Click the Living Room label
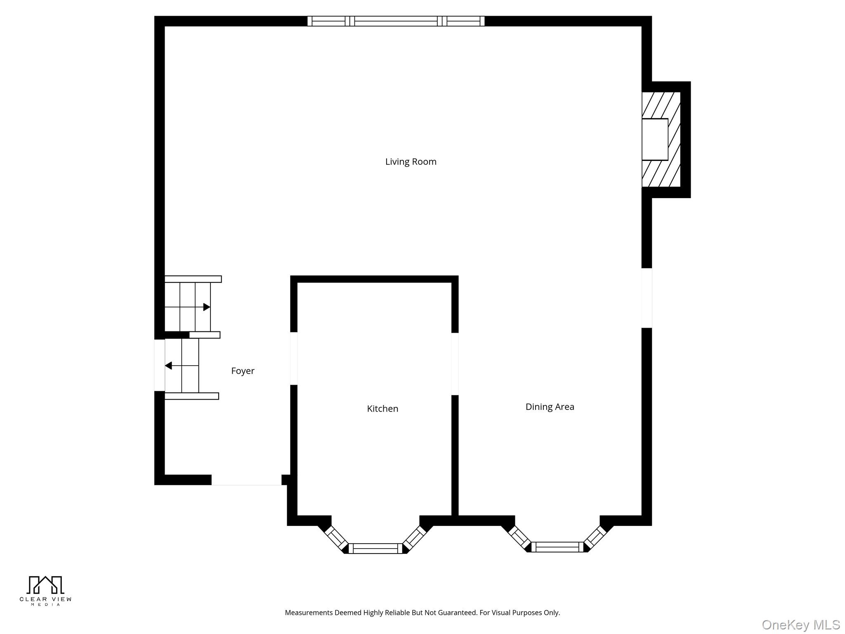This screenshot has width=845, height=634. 411,162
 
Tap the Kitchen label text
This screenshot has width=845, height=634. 382,409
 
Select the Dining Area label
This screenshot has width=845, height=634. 550,407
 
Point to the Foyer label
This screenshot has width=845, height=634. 243,371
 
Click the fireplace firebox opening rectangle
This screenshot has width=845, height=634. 655,140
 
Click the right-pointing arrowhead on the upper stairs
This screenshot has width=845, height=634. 207,307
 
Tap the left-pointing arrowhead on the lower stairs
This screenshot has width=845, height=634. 168,366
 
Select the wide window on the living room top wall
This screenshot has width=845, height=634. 396,21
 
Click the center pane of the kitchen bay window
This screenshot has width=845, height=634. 375,549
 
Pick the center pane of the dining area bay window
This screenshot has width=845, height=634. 557,547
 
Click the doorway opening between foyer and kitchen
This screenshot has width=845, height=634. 294,358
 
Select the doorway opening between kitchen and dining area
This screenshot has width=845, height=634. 455,364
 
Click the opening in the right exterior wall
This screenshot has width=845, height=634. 647,298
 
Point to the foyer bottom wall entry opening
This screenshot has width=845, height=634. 246,480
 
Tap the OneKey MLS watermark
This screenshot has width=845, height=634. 800,625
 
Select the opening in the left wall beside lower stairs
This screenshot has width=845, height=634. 159,365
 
